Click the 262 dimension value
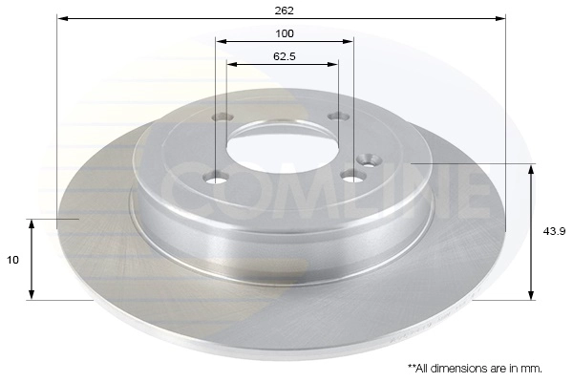(x=284, y=11)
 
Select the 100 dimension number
(x=284, y=32)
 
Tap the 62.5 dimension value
(x=284, y=56)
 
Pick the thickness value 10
(x=12, y=259)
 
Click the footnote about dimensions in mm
(x=475, y=368)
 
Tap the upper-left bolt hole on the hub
(x=222, y=117)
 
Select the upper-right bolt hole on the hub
(x=335, y=117)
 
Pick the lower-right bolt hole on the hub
(x=352, y=175)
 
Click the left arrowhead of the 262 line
(x=62, y=18)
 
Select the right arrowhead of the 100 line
(x=349, y=41)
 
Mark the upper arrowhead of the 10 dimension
(x=32, y=224)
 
